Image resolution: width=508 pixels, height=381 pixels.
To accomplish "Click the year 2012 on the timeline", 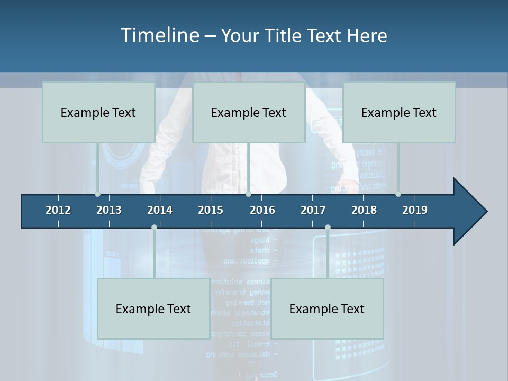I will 58,210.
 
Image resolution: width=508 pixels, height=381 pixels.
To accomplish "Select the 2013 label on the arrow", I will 109,210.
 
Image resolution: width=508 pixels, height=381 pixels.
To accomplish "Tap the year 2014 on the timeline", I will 160,210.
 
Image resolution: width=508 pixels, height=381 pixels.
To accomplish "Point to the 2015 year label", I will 211,210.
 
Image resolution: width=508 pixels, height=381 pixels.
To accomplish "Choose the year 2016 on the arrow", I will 262,210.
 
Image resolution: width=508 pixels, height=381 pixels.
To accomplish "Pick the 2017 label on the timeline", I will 313,210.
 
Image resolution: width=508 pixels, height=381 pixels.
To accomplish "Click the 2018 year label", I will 364,210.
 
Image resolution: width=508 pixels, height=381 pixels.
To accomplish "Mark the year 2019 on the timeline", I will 415,210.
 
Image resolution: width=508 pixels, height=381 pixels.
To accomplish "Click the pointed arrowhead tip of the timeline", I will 486,212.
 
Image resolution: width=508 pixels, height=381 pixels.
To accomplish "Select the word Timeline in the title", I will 159,35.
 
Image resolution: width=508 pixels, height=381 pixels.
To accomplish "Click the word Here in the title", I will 367,36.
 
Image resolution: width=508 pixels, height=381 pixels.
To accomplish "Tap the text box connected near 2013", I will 98,112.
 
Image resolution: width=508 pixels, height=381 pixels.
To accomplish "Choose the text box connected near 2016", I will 249,112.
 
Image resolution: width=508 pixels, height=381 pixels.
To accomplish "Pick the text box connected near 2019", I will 399,112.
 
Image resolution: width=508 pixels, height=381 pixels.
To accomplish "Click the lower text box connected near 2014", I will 153,309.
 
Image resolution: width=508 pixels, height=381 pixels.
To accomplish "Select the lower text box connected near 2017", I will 327,309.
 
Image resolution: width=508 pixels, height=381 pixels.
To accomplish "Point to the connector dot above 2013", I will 97,194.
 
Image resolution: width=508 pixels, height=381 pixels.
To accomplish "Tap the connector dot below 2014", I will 154,228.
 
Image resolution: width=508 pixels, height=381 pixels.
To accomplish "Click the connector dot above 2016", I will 248,194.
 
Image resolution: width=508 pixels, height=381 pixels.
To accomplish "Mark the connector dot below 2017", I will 328,228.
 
